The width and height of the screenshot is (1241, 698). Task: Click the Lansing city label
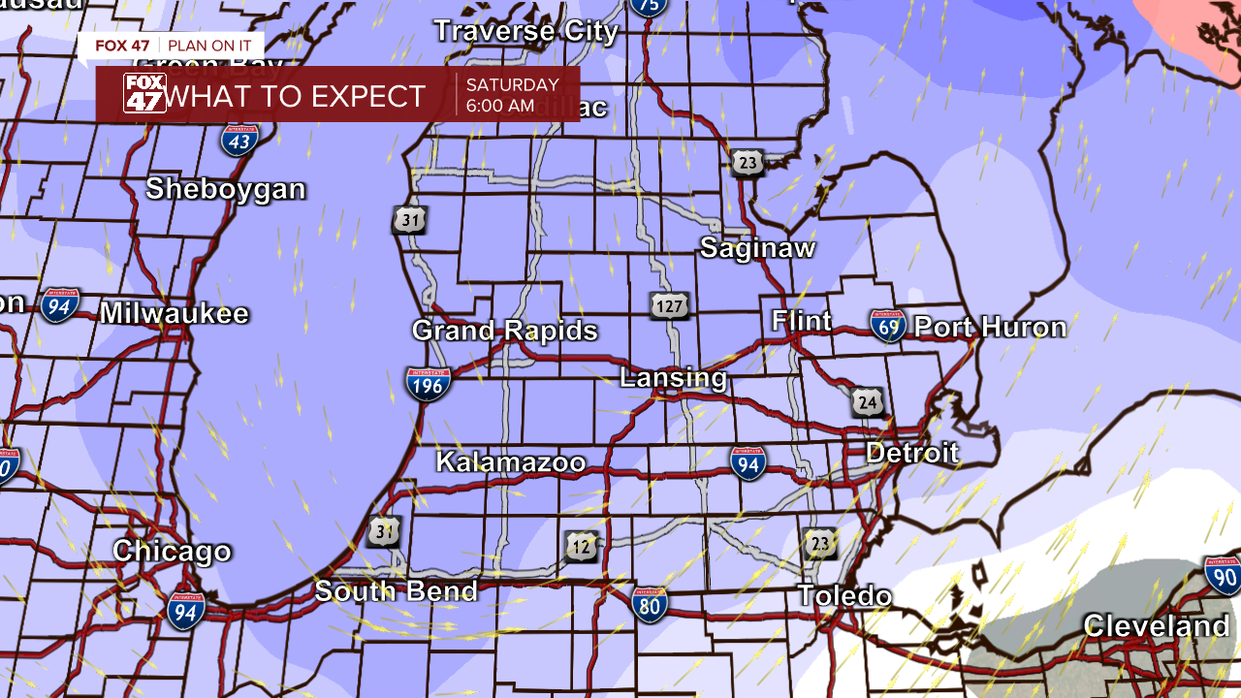pyautogui.click(x=674, y=378)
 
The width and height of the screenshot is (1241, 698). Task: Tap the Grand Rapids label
pyautogui.click(x=505, y=331)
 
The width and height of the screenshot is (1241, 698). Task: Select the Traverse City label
pyautogui.click(x=526, y=31)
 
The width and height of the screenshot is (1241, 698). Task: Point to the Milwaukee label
pyautogui.click(x=175, y=314)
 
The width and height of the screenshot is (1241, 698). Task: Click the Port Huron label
pyautogui.click(x=990, y=328)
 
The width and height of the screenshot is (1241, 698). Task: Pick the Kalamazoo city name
pyautogui.click(x=511, y=462)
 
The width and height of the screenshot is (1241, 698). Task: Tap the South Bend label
pyautogui.click(x=397, y=591)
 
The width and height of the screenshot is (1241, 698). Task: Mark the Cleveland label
pyautogui.click(x=1156, y=626)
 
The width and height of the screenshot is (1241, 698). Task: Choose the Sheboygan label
pyautogui.click(x=226, y=189)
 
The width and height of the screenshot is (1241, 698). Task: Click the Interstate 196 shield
pyautogui.click(x=428, y=384)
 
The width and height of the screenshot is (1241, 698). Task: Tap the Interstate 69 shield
pyautogui.click(x=887, y=326)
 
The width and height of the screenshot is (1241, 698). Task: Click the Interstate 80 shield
pyautogui.click(x=650, y=603)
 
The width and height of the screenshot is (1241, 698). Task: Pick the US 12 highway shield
pyautogui.click(x=582, y=547)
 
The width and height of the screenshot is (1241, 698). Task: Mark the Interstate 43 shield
pyautogui.click(x=239, y=141)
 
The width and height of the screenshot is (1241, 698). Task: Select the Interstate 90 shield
pyautogui.click(x=1223, y=575)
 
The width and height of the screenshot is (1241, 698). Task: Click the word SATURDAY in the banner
pyautogui.click(x=512, y=85)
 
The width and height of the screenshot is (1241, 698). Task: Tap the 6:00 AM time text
pyautogui.click(x=499, y=106)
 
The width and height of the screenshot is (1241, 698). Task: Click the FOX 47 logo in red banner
pyautogui.click(x=144, y=94)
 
